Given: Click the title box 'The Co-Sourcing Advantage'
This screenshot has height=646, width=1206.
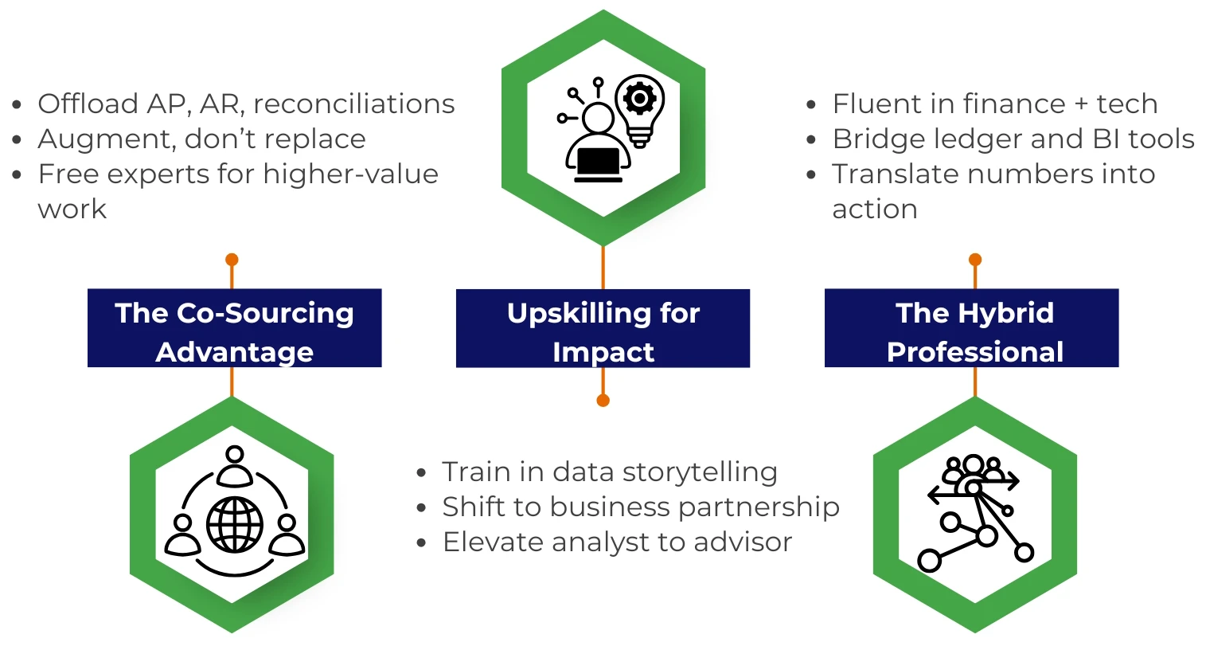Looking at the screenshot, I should pyautogui.click(x=234, y=328).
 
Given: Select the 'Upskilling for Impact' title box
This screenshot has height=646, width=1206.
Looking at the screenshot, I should pyautogui.click(x=603, y=328).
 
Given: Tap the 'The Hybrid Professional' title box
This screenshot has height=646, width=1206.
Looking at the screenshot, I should pyautogui.click(x=971, y=328).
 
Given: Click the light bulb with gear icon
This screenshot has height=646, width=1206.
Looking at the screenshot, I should pyautogui.click(x=640, y=110).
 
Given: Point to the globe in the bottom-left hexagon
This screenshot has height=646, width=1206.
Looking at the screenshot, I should pyautogui.click(x=235, y=524).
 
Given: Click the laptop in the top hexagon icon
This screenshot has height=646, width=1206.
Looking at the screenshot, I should pyautogui.click(x=598, y=164).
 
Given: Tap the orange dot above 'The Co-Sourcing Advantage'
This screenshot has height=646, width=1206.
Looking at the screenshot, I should pyautogui.click(x=232, y=260).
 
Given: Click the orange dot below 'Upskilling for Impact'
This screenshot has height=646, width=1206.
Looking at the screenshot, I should pyautogui.click(x=603, y=400).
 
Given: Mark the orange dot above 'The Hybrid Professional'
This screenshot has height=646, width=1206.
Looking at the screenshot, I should pyautogui.click(x=974, y=260).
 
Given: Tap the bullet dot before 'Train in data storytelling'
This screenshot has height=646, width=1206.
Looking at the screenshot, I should pyautogui.click(x=421, y=473).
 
